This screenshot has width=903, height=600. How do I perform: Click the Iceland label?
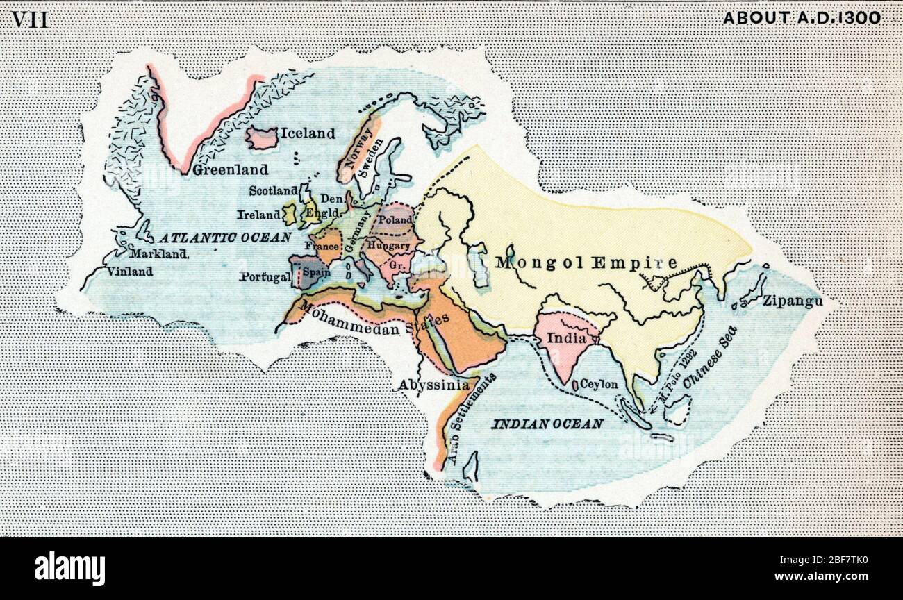tap(308, 133)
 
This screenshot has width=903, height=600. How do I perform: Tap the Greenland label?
tap(231, 169)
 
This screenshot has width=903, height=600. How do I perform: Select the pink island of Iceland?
tap(262, 138)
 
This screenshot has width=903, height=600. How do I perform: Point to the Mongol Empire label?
tap(586, 263)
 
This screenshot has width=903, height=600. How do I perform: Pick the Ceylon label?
tap(599, 383)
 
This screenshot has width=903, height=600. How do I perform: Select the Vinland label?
tap(130, 272)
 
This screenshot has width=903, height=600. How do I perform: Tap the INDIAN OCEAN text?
tap(547, 424)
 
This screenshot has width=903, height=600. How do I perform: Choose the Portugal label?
tap(265, 277)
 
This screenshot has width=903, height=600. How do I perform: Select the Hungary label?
tap(389, 246)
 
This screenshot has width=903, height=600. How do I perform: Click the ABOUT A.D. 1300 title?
tap(802, 18)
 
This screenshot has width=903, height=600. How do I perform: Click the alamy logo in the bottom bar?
tap(69, 568)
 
